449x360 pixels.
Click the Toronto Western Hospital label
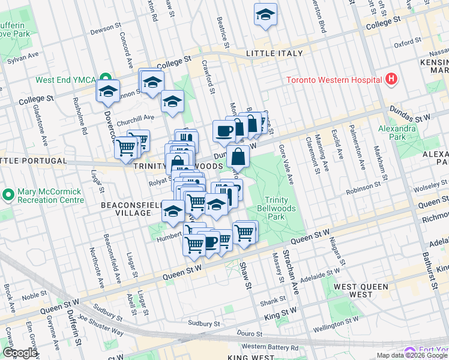pyautogui.click(x=334, y=80)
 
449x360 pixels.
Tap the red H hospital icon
pyautogui.click(x=391, y=79)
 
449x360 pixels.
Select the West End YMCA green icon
pyautogui.click(x=106, y=79)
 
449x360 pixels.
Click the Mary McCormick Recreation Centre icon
pyautogui.click(x=8, y=194)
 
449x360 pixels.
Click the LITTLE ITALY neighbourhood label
pyautogui.click(x=274, y=53)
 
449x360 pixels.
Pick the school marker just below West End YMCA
pyautogui.click(x=109, y=91)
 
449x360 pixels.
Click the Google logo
pyautogui.click(x=20, y=353)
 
